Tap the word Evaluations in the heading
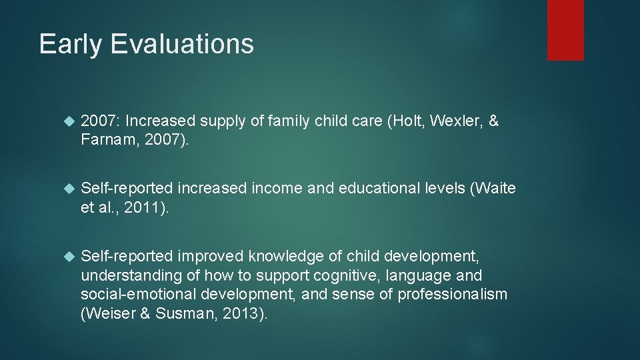pos(182,44)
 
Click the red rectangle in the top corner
pos(565,30)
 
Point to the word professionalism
pos(453,295)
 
